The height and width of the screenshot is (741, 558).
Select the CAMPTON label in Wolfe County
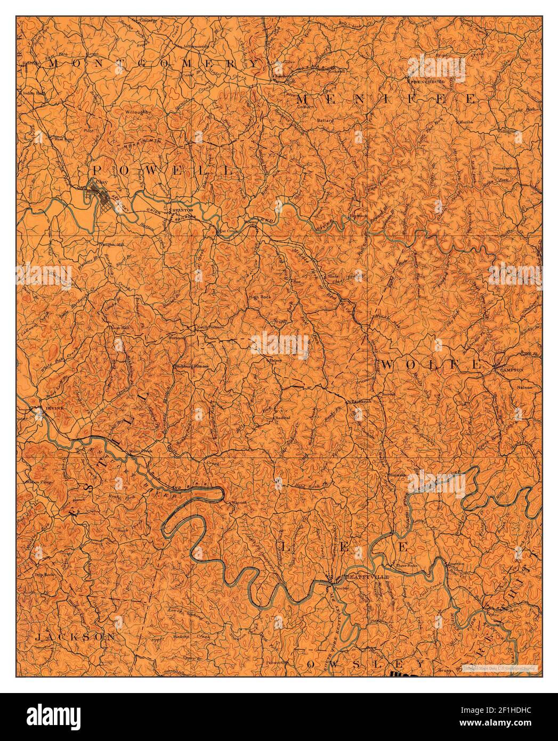point(512,369)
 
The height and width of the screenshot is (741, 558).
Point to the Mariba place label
point(464,122)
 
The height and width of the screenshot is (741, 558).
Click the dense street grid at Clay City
point(99,191)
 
